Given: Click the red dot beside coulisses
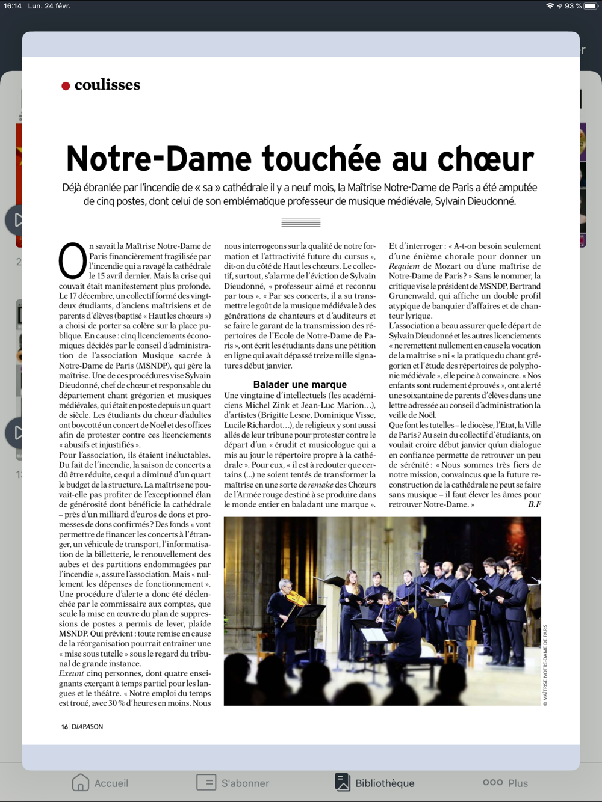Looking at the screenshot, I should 66,86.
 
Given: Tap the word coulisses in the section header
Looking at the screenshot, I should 107,85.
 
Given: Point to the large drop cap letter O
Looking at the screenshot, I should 72,260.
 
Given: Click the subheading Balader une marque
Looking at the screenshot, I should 300,384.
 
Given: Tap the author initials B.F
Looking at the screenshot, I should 534,504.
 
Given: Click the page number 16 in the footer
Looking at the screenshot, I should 64,727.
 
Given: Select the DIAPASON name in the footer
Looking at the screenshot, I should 88,727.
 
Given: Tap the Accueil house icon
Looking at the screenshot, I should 80,782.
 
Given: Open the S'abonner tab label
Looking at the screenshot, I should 245,783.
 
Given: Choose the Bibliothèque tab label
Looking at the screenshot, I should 385,783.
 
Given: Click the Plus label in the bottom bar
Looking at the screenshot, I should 518,783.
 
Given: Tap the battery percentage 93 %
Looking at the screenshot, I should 573,6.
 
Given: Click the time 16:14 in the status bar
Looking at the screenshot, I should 13,6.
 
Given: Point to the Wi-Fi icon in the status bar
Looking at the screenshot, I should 550,6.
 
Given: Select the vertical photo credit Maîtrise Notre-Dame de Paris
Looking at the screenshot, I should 545,665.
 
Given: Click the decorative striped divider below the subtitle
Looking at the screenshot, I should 301,223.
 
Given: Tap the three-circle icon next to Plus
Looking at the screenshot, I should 492,782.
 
